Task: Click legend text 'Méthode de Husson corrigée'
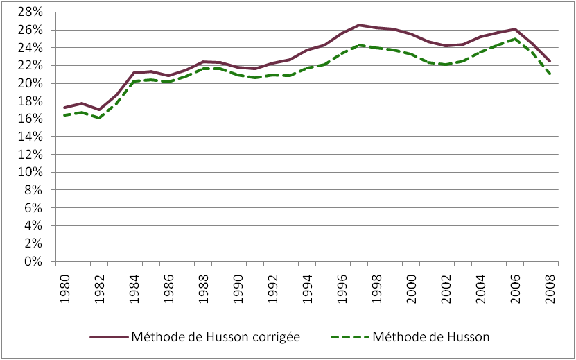(x=226, y=337)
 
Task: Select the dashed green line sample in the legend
(x=343, y=337)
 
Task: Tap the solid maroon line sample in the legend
(x=110, y=337)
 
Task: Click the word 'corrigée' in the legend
(x=274, y=338)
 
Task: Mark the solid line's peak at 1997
(x=359, y=25)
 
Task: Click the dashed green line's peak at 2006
(x=515, y=39)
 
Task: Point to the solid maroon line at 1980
(x=64, y=108)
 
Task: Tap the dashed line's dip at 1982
(x=99, y=118)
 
